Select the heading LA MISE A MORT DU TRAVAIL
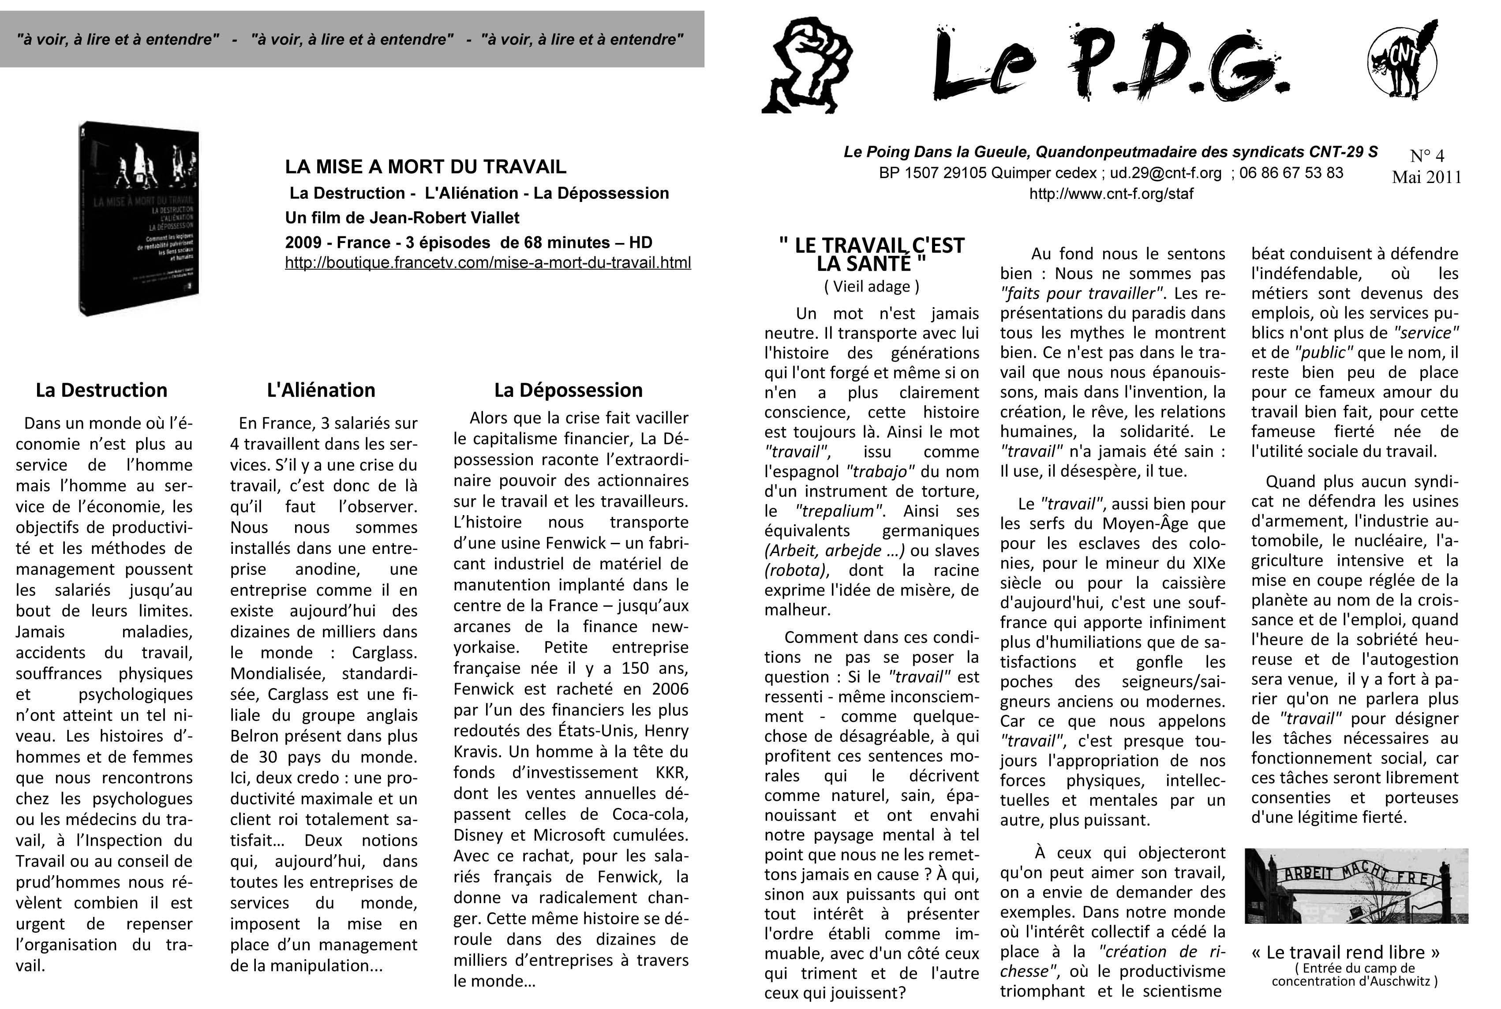click(x=426, y=167)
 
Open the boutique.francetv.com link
click(x=488, y=262)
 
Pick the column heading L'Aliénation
click(x=321, y=390)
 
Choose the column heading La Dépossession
click(x=569, y=390)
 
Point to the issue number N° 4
click(x=1426, y=156)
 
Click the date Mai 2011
click(x=1426, y=177)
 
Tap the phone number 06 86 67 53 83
click(x=1291, y=173)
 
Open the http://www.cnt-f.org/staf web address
click(x=1111, y=194)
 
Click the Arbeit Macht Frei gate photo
click(x=1356, y=886)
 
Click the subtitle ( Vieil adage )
click(x=872, y=286)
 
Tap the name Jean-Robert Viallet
click(x=444, y=217)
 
